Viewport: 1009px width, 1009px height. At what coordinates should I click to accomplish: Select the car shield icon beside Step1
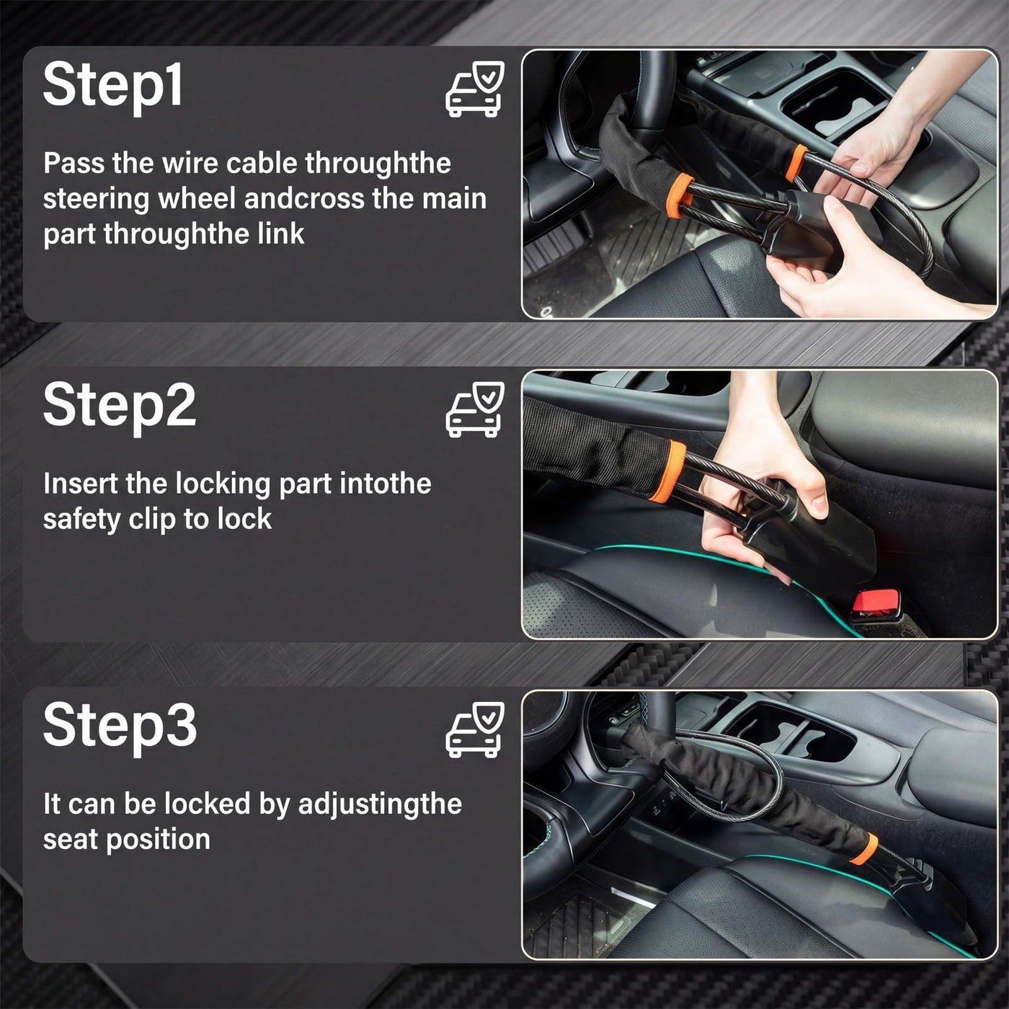pyautogui.click(x=475, y=89)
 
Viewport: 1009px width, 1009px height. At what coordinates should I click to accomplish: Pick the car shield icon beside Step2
pyautogui.click(x=475, y=409)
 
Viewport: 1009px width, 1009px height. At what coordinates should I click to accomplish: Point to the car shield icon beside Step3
pyautogui.click(x=475, y=730)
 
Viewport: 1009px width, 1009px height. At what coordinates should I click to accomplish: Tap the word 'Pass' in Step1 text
pyautogui.click(x=74, y=163)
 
